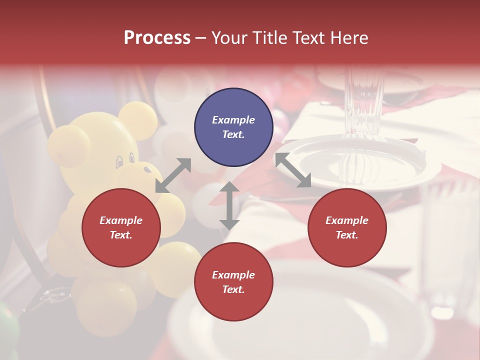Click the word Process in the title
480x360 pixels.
point(157,38)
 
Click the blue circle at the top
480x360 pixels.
point(233,127)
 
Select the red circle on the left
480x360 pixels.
point(121,227)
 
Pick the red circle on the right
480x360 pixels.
point(347,227)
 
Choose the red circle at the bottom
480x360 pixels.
point(233,282)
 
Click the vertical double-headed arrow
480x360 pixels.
point(229,205)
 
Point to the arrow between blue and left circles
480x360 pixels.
point(173,175)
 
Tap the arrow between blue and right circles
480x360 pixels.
point(293,170)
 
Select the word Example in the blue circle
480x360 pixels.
point(233,120)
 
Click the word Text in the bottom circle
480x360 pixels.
point(233,289)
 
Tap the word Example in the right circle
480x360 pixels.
point(347,220)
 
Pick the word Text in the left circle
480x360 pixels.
point(121,235)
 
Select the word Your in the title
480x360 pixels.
point(226,38)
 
